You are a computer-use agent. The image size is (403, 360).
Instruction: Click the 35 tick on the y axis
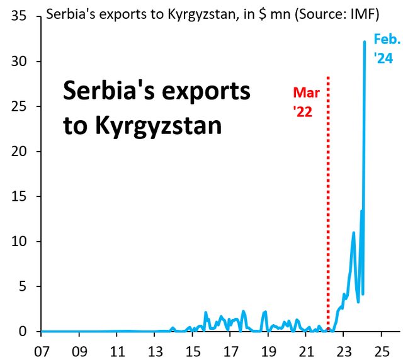click(18, 16)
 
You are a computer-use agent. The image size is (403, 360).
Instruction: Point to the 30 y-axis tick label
click(18, 62)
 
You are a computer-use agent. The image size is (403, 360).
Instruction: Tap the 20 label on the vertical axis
click(18, 152)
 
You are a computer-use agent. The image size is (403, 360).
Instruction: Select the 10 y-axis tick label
click(18, 242)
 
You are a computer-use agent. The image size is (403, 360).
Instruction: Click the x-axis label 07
click(42, 348)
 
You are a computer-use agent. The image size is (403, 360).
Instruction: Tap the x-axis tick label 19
click(268, 348)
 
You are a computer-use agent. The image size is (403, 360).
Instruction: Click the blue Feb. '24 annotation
click(386, 49)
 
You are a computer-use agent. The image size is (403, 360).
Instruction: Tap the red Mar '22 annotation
click(307, 103)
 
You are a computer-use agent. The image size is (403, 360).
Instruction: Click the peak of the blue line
click(365, 42)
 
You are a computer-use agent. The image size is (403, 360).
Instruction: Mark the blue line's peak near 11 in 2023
click(354, 233)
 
